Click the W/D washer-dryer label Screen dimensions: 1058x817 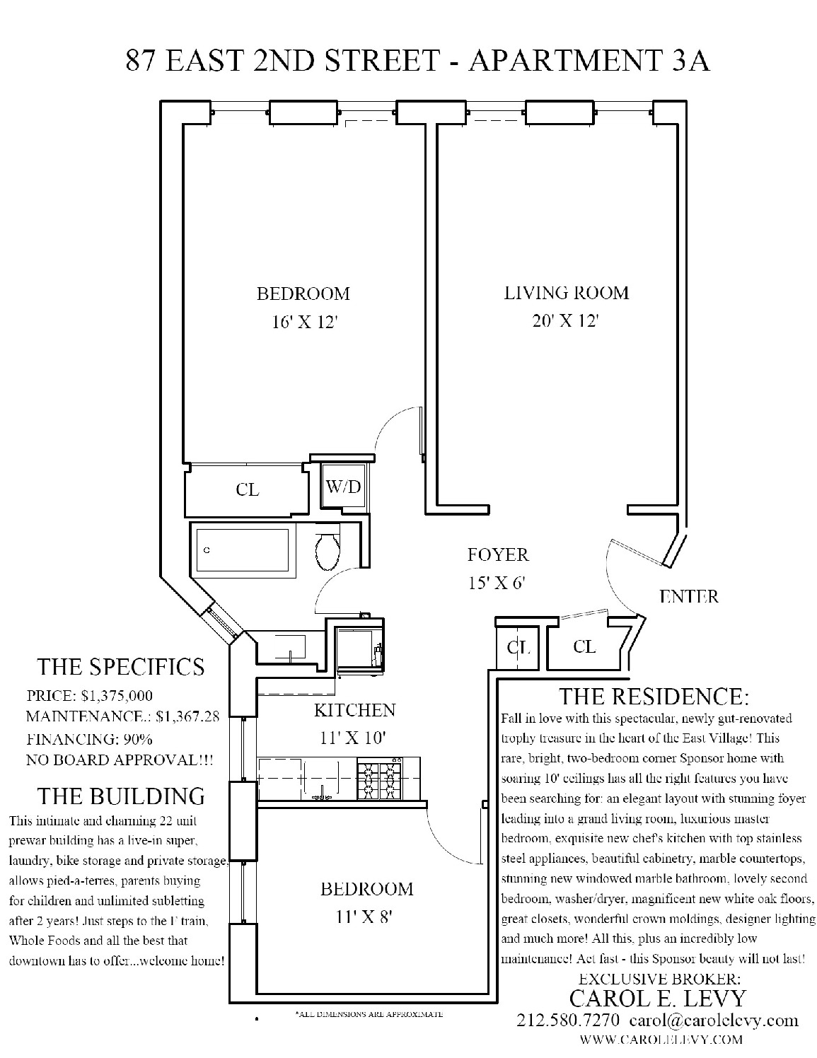click(343, 487)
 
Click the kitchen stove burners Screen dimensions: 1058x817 click(379, 778)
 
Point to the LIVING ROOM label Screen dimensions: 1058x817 click(566, 293)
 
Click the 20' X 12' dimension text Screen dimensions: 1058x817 click(566, 321)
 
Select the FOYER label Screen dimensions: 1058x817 click(498, 555)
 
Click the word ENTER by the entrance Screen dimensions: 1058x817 click(688, 596)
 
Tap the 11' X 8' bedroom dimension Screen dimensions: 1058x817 click(366, 917)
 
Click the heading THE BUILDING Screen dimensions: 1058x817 click(121, 796)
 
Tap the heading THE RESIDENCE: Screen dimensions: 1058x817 click(654, 697)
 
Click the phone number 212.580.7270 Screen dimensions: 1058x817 click(569, 1021)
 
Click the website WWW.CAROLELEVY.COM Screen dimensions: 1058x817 click(661, 1040)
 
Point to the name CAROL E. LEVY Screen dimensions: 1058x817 click(658, 999)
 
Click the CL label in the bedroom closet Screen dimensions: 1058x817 click(248, 489)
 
